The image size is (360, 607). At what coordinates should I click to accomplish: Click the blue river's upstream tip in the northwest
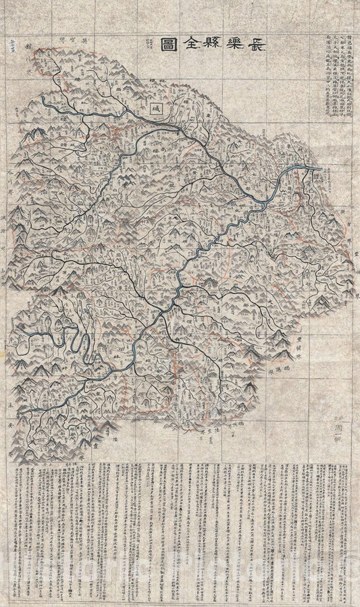[x=42, y=98]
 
